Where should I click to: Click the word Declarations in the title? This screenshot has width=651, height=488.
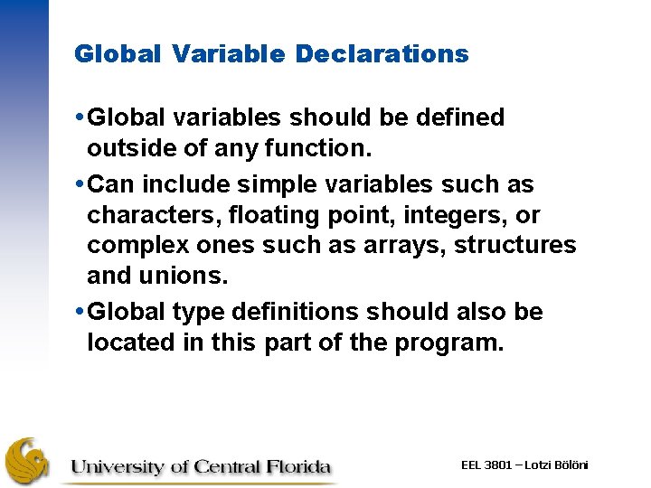(x=382, y=54)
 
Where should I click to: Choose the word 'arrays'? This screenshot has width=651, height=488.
(x=410, y=245)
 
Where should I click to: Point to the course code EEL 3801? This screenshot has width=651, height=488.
(x=486, y=465)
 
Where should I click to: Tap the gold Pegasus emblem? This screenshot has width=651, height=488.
(x=29, y=461)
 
